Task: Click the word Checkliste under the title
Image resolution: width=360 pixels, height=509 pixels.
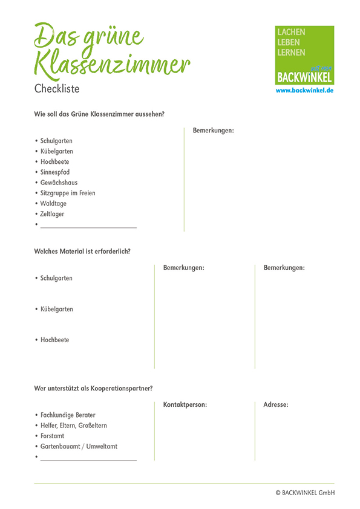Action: coord(57,88)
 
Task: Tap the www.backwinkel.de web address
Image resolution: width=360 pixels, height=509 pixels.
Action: coord(304,90)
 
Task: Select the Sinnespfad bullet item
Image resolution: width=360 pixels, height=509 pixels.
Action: coord(55,172)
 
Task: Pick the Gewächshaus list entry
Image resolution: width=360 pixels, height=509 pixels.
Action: coord(59,183)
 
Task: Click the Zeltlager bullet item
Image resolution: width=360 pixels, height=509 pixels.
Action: coord(52,214)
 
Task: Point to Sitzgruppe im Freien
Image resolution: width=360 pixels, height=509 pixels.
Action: coord(68,193)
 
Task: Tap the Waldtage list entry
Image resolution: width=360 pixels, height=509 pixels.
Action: coord(53,204)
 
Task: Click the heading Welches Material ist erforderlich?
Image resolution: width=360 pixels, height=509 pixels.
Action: coord(82,251)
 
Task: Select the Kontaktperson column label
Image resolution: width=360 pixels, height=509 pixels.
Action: coord(185,404)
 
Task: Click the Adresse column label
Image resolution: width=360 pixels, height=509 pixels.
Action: coord(276,404)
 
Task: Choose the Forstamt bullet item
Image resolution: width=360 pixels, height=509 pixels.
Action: coord(52,436)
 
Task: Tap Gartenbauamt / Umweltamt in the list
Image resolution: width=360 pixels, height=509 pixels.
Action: coord(79,446)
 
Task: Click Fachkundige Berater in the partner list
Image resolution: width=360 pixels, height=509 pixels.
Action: coord(68,415)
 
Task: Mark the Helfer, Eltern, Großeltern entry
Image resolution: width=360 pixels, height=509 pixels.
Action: coord(74,426)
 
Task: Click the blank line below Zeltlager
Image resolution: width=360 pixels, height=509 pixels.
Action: coord(88,227)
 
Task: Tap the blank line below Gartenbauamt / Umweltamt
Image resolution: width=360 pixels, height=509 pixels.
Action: coord(88,459)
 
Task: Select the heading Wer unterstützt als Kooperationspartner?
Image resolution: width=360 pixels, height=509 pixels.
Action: coord(93,388)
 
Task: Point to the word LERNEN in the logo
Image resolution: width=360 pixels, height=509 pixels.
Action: coord(291,53)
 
